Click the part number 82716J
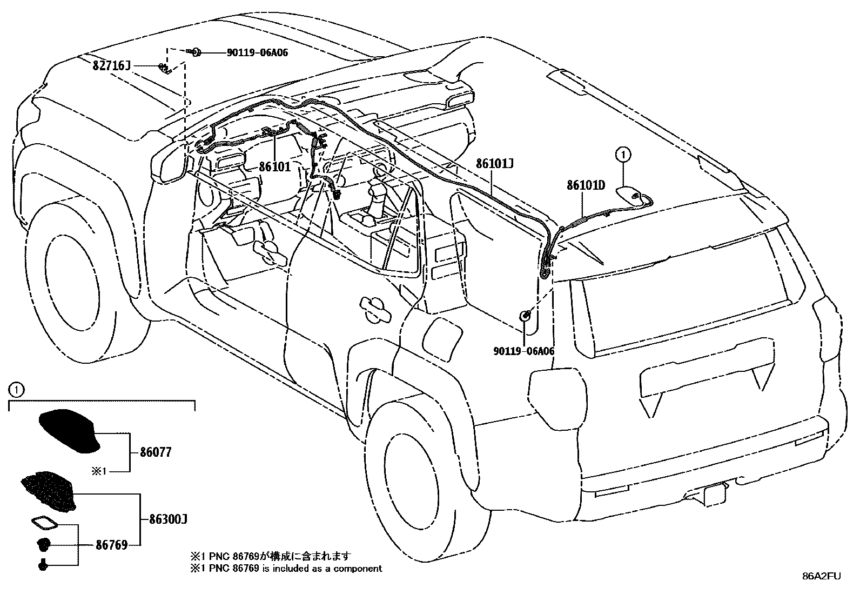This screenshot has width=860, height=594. [112, 66]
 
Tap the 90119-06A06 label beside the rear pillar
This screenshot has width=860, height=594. [523, 351]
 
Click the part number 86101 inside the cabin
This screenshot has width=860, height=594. [274, 166]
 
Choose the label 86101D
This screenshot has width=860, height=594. [586, 185]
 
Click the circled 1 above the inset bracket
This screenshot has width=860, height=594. [16, 389]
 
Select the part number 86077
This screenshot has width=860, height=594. [155, 452]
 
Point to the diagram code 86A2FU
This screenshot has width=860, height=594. [821, 576]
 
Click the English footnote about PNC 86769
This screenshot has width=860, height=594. [286, 569]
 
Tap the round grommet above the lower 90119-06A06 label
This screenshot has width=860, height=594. [525, 316]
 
